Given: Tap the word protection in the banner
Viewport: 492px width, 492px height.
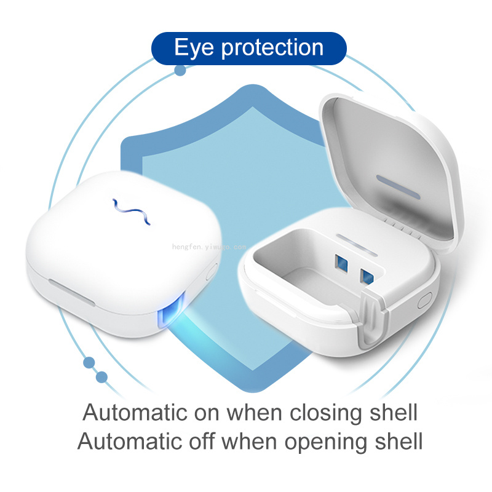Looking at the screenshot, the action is point(272,48).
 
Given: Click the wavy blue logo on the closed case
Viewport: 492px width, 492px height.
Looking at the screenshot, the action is point(132,212).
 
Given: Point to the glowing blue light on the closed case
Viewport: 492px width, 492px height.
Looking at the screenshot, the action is point(171,311).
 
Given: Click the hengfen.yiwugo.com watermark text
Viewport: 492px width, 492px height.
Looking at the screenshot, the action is point(209,247).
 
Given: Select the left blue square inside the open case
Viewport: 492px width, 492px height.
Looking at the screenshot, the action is point(341,263).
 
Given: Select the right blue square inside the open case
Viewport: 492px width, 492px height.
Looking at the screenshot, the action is point(367,276).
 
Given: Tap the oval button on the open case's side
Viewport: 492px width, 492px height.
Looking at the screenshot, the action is point(424,301).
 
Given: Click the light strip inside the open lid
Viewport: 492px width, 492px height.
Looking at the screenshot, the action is point(398,187).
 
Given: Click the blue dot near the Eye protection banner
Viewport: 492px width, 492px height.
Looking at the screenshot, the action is point(180,70).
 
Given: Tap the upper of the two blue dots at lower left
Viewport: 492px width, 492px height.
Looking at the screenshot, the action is point(89,363).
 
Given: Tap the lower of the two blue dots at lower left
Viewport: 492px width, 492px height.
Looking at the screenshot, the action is point(101,377).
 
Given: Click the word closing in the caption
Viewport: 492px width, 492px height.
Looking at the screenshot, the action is point(326,413).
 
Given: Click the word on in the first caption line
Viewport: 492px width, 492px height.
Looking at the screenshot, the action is point(207,413).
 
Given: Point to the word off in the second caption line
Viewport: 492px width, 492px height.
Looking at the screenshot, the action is point(202,441).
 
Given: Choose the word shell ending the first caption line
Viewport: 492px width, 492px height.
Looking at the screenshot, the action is point(394,412).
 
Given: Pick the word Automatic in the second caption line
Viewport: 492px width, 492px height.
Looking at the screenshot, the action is point(129,441).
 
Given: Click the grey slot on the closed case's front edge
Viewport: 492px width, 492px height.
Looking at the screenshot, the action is point(71,293).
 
